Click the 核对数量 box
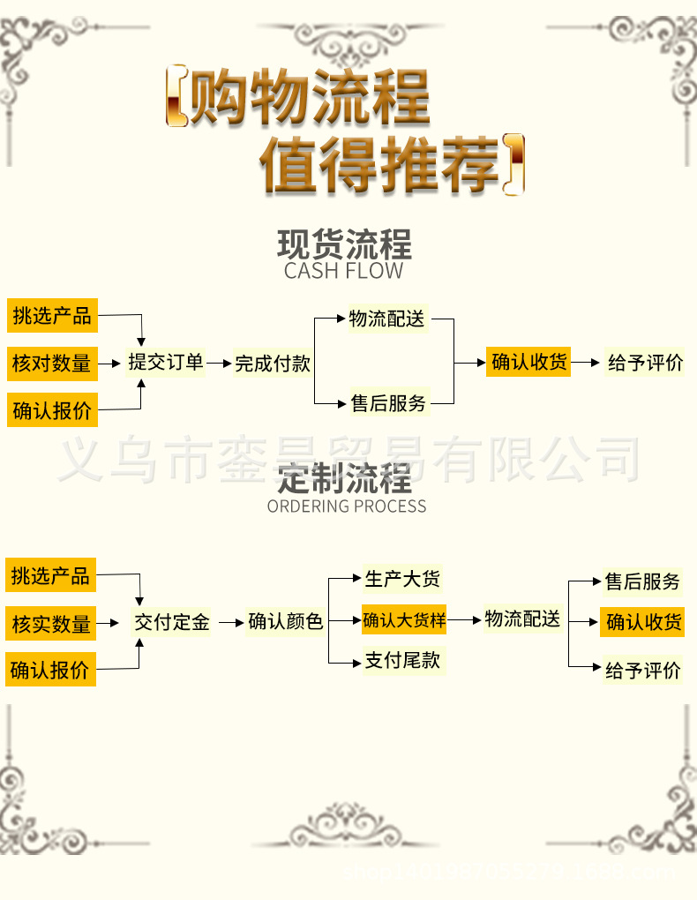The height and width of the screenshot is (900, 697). [51, 363]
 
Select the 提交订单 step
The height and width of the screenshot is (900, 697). [166, 363]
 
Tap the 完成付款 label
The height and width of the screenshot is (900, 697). [273, 364]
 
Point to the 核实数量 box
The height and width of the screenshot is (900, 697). [51, 625]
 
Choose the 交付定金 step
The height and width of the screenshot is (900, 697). [172, 622]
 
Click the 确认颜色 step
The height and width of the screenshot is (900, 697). [286, 622]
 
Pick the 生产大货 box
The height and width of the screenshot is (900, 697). [402, 579]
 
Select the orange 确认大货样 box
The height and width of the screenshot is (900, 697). [404, 619]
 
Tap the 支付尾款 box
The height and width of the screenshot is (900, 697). [402, 660]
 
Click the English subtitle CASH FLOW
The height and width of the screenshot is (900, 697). [343, 271]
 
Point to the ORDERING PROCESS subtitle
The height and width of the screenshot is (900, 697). [347, 506]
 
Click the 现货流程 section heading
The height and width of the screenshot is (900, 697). [344, 244]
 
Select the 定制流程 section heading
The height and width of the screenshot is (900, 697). [344, 479]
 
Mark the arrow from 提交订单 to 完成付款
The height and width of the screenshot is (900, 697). [219, 363]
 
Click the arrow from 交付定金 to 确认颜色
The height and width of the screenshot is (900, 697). [230, 622]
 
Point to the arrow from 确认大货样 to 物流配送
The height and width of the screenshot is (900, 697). [465, 619]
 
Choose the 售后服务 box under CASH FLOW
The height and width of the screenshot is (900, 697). [388, 403]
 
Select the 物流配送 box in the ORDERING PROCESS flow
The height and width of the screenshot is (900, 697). [522, 619]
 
